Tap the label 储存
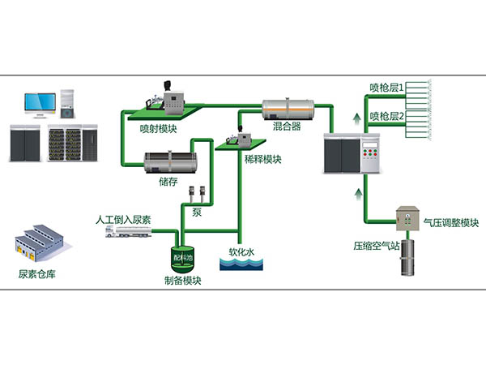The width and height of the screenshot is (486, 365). pyautogui.click(x=168, y=181)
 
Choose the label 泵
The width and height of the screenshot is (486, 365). pyautogui.click(x=196, y=213)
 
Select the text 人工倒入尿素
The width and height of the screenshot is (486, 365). pyautogui.click(x=122, y=219)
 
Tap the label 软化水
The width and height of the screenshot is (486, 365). pyautogui.click(x=241, y=251)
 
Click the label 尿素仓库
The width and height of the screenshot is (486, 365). pyautogui.click(x=40, y=273)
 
